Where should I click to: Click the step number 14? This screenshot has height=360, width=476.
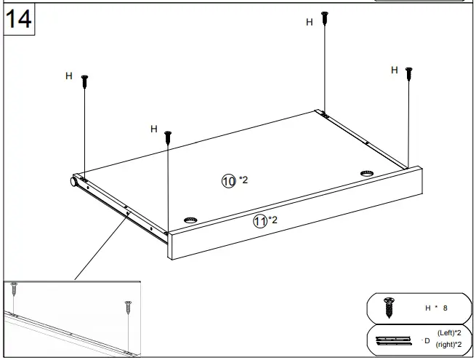[x=19, y=20]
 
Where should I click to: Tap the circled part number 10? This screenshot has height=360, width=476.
[x=228, y=180]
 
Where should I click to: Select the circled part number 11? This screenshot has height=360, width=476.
[x=259, y=222]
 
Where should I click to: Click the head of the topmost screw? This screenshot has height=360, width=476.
[x=326, y=14]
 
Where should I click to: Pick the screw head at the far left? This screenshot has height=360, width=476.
[x=85, y=77]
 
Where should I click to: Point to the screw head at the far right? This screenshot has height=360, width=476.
[x=409, y=71]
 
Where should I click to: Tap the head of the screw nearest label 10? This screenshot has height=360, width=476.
[x=168, y=134]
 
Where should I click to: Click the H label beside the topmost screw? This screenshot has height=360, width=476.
[x=309, y=22]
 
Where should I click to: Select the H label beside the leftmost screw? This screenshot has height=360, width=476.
[x=68, y=76]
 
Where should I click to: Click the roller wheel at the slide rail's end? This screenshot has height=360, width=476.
[x=74, y=182]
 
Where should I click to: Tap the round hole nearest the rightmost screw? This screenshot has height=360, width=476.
[x=366, y=174]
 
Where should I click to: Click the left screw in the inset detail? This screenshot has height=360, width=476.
[x=14, y=289]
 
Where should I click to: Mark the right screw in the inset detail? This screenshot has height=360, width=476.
[x=128, y=303]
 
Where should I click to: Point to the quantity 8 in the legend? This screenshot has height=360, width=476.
[x=445, y=308]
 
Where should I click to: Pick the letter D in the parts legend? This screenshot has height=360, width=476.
[x=427, y=340]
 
